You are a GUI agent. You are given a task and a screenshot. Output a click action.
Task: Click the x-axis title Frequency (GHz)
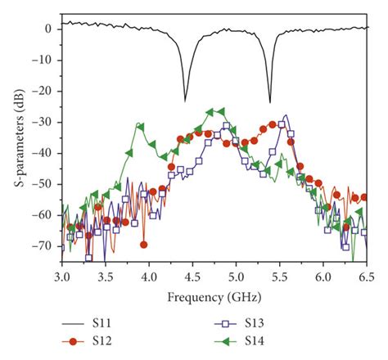tap(213, 294)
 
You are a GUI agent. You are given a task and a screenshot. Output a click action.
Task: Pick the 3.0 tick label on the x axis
tap(61, 277)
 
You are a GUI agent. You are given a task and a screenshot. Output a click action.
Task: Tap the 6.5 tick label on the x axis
tap(368, 277)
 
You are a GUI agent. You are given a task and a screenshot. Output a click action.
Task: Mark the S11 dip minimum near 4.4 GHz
tap(185, 101)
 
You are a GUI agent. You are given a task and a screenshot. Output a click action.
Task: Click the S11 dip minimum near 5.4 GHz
tap(270, 102)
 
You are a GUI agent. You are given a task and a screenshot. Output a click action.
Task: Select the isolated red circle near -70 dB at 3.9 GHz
tap(143, 245)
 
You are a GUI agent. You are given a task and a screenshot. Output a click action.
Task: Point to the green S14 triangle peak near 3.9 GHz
tap(140, 125)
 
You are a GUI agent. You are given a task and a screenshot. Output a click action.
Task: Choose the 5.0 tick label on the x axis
tap(237, 277)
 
